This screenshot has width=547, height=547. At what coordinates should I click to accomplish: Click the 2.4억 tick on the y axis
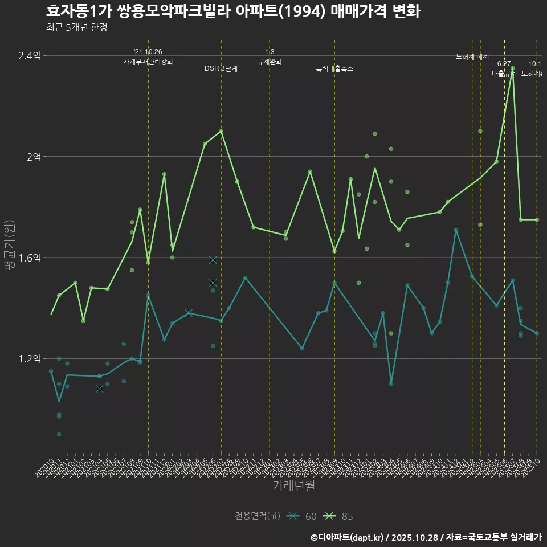(x=30, y=55)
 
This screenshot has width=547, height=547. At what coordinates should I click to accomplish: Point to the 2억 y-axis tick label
(x=34, y=157)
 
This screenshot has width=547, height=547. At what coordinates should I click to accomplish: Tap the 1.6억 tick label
(x=30, y=258)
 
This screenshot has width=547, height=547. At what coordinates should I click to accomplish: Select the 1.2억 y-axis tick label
(x=30, y=359)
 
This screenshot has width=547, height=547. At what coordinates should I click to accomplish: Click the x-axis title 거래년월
(x=293, y=486)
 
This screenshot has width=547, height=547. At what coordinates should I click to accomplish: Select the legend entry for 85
(x=339, y=516)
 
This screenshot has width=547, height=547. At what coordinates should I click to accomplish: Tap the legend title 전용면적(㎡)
(x=258, y=516)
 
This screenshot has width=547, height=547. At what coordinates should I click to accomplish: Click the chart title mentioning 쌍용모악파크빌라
(x=232, y=11)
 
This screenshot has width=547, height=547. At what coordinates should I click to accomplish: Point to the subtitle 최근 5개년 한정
(x=76, y=27)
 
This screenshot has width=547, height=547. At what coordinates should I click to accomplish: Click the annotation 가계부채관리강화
(x=148, y=61)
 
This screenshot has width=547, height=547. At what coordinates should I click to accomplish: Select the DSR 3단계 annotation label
(x=221, y=68)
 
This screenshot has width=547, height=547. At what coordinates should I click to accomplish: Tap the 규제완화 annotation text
(x=270, y=61)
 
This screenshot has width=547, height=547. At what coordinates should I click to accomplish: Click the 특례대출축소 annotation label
(x=334, y=68)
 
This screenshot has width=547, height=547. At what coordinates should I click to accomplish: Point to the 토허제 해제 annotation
(x=472, y=56)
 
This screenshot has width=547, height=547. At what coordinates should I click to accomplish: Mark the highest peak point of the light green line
(x=513, y=68)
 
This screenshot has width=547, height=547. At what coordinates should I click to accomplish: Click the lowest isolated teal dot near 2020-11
(x=59, y=434)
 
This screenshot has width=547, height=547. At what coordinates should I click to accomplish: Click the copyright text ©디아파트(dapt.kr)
(x=348, y=537)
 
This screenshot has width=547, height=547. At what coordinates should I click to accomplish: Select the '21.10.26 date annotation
(x=148, y=52)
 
